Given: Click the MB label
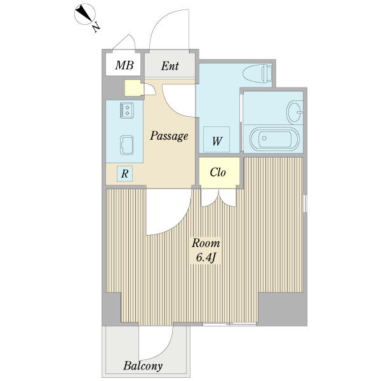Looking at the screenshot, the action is click(x=124, y=65).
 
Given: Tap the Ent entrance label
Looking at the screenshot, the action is click(x=170, y=66).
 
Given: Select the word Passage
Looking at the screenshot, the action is click(x=169, y=136).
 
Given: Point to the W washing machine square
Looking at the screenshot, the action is click(x=217, y=139).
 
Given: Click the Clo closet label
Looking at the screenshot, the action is click(x=218, y=172).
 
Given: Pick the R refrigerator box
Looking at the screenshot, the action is click(x=124, y=173).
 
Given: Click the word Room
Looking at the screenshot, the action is click(x=206, y=243).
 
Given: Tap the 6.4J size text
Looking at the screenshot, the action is click(x=206, y=258).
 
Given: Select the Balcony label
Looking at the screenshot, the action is click(x=143, y=366).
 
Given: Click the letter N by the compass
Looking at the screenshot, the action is click(x=97, y=27).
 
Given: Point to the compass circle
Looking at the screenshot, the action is click(x=85, y=14).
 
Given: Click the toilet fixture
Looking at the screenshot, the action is click(x=257, y=73).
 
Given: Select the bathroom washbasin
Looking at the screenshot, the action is click(x=295, y=112).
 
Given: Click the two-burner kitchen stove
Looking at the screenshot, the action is click(x=127, y=110).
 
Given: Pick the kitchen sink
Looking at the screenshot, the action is click(x=127, y=145).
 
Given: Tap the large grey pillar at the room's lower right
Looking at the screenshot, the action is click(x=282, y=309).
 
